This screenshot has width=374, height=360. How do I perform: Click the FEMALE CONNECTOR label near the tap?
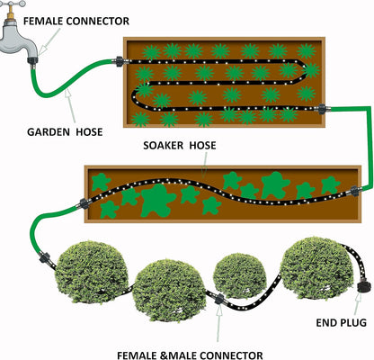pos(76,22)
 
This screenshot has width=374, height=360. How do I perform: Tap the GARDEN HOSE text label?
pos(65,132)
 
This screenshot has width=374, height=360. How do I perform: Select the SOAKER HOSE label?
pos(180,146)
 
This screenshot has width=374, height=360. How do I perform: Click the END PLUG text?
pos(342,322)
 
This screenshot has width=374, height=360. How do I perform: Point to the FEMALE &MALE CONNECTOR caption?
pos(190,355)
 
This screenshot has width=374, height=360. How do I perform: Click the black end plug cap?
pos(364,286)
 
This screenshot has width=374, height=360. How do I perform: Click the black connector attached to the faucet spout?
pos(32,60)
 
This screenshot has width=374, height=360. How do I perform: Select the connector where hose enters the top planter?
pos(119,60)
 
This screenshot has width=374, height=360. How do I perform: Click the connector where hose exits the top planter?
pos(323,109)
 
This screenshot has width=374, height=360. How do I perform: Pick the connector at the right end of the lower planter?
pos(355,191)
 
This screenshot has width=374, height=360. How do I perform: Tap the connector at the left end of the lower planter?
pos(85,203)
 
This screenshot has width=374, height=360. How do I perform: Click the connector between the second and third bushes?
pos(219,299)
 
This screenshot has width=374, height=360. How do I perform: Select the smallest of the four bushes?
pos(240,276)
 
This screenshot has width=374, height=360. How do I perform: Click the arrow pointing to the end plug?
pos(357,303)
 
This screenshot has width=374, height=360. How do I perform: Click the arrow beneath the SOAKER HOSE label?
pos(205,166)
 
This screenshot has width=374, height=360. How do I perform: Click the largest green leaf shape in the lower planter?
pos(157,201)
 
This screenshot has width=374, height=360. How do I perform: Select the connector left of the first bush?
pos(45,257)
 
